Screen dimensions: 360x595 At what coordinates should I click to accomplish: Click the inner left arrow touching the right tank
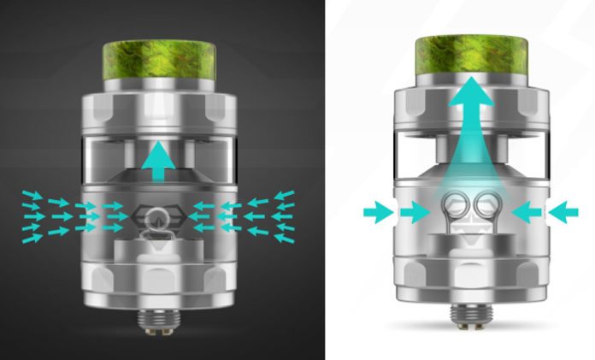click(415, 210)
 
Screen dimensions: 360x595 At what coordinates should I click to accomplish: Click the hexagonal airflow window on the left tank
click(157, 215)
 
